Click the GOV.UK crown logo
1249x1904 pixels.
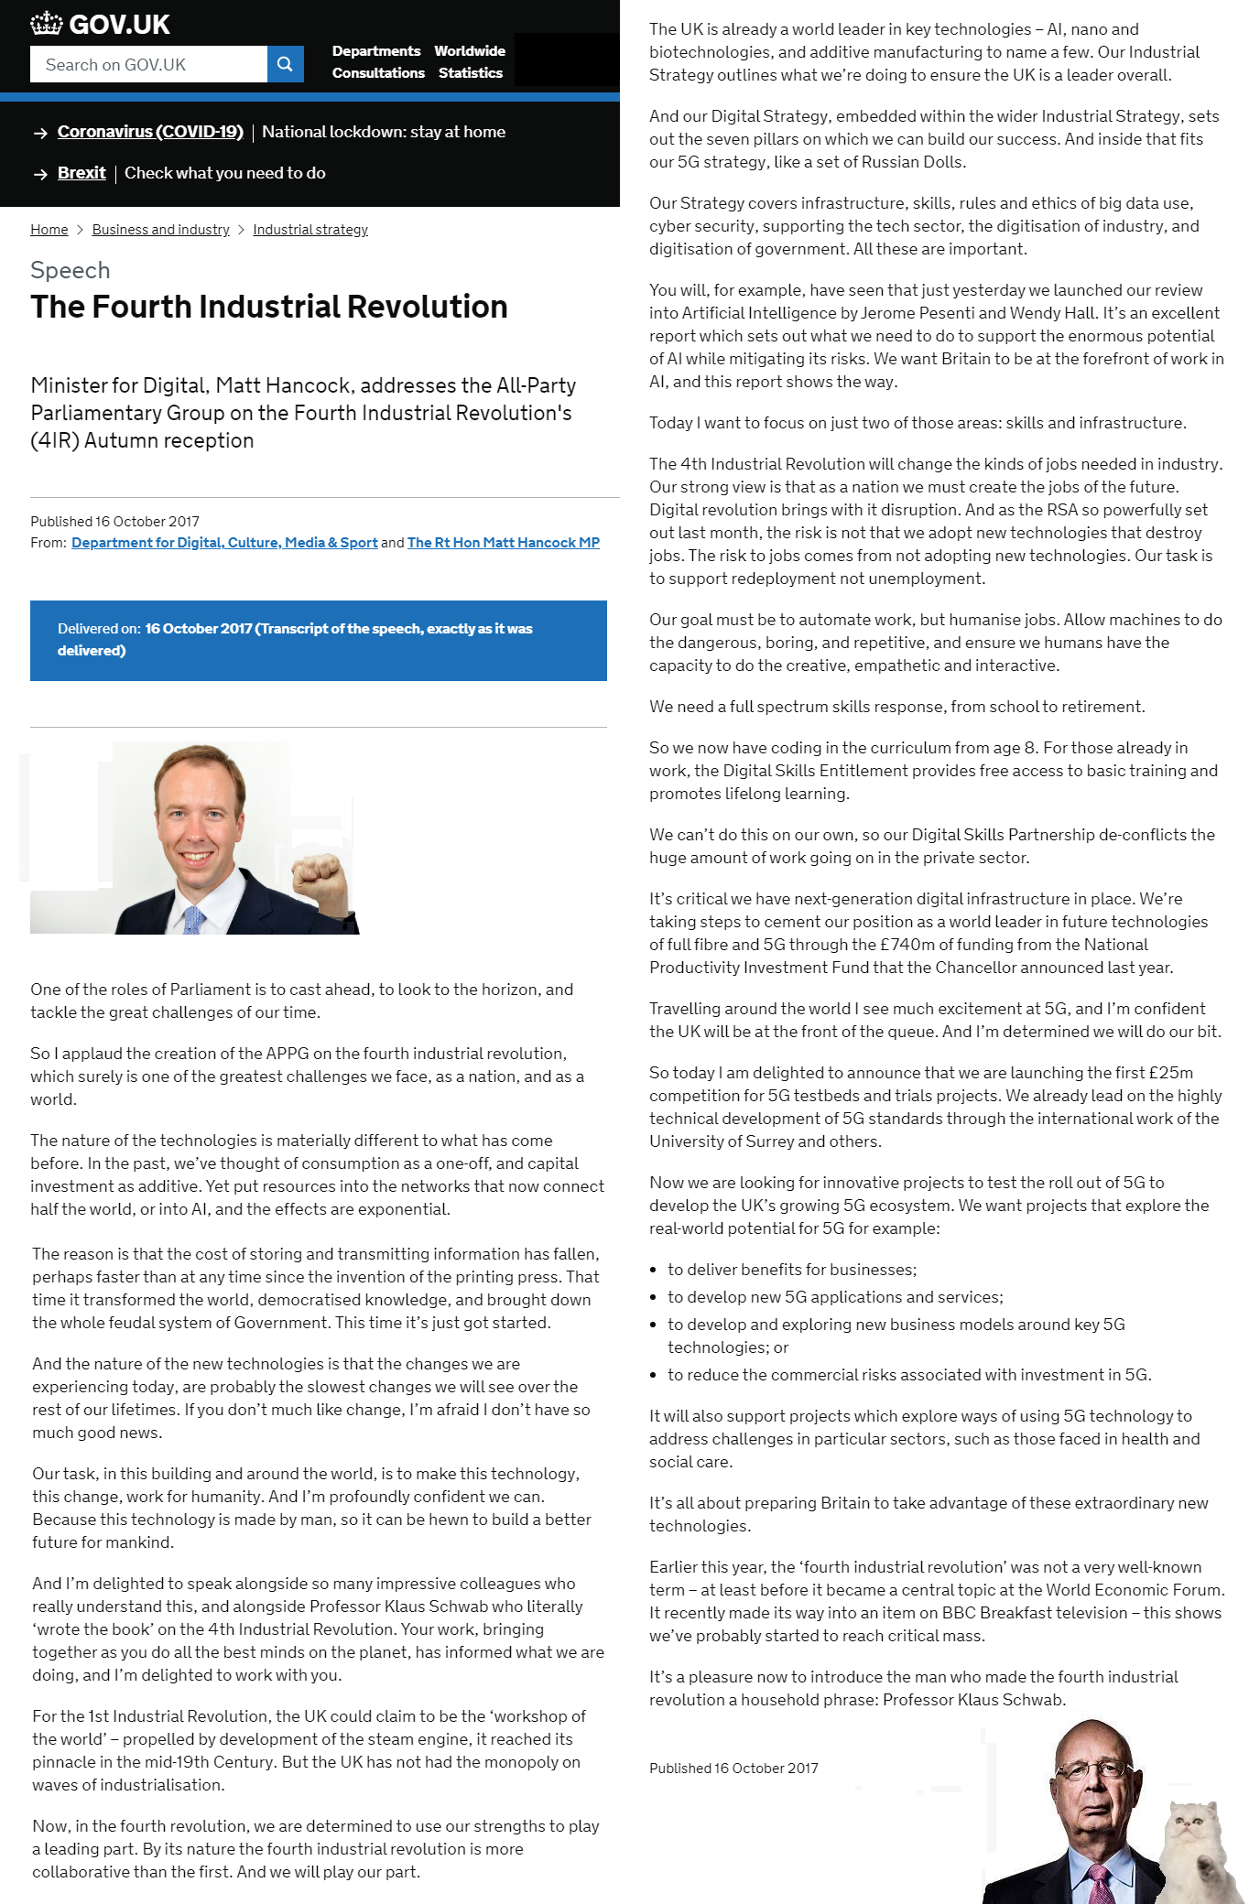tap(46, 24)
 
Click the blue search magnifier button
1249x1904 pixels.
tap(285, 64)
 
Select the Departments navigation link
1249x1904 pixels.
tap(375, 51)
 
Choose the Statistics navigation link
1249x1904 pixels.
tap(470, 73)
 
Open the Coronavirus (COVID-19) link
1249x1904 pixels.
tap(150, 132)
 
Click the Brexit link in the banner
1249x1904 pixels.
tap(81, 173)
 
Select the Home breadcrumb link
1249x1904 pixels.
tap(49, 230)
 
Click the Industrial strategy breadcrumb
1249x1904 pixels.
tap(310, 230)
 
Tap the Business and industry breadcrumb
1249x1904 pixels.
tap(160, 230)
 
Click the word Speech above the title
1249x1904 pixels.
tap(70, 271)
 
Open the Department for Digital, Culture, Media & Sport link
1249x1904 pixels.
tap(224, 543)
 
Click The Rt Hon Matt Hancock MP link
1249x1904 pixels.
tap(503, 543)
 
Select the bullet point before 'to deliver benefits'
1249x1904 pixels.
tap(653, 1271)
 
